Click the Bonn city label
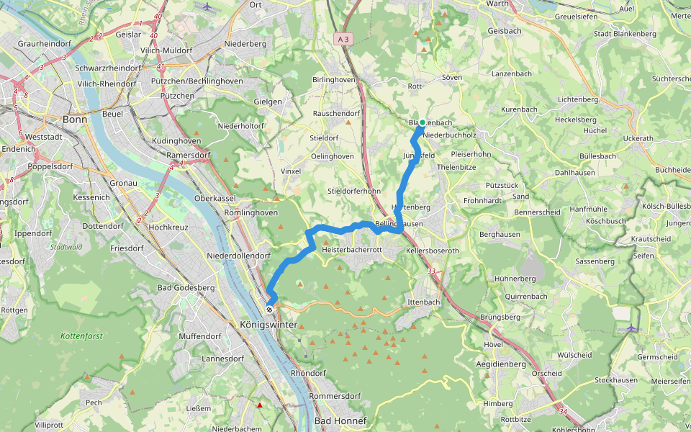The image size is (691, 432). pyautogui.click(x=75, y=120)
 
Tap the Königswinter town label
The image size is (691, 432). pyautogui.click(x=268, y=325)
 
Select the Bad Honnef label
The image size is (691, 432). pyautogui.click(x=340, y=420)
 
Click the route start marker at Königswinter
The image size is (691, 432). pyautogui.click(x=269, y=309)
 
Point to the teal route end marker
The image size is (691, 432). pyautogui.click(x=422, y=122)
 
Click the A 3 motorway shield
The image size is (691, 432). pyautogui.click(x=343, y=40)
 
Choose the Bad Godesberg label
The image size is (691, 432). pyautogui.click(x=186, y=288)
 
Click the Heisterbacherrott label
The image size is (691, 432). pyautogui.click(x=351, y=249)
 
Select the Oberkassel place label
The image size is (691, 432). pyautogui.click(x=215, y=198)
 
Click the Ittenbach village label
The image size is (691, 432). pyautogui.click(x=423, y=302)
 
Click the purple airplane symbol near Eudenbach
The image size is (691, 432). pyautogui.click(x=631, y=328)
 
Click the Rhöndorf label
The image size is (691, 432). pyautogui.click(x=309, y=374)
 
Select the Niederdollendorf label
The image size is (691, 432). pyautogui.click(x=238, y=256)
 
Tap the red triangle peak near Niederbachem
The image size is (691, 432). pyautogui.click(x=260, y=405)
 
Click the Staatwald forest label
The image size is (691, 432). pyautogui.click(x=66, y=247)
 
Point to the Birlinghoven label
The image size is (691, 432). pyautogui.click(x=334, y=80)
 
